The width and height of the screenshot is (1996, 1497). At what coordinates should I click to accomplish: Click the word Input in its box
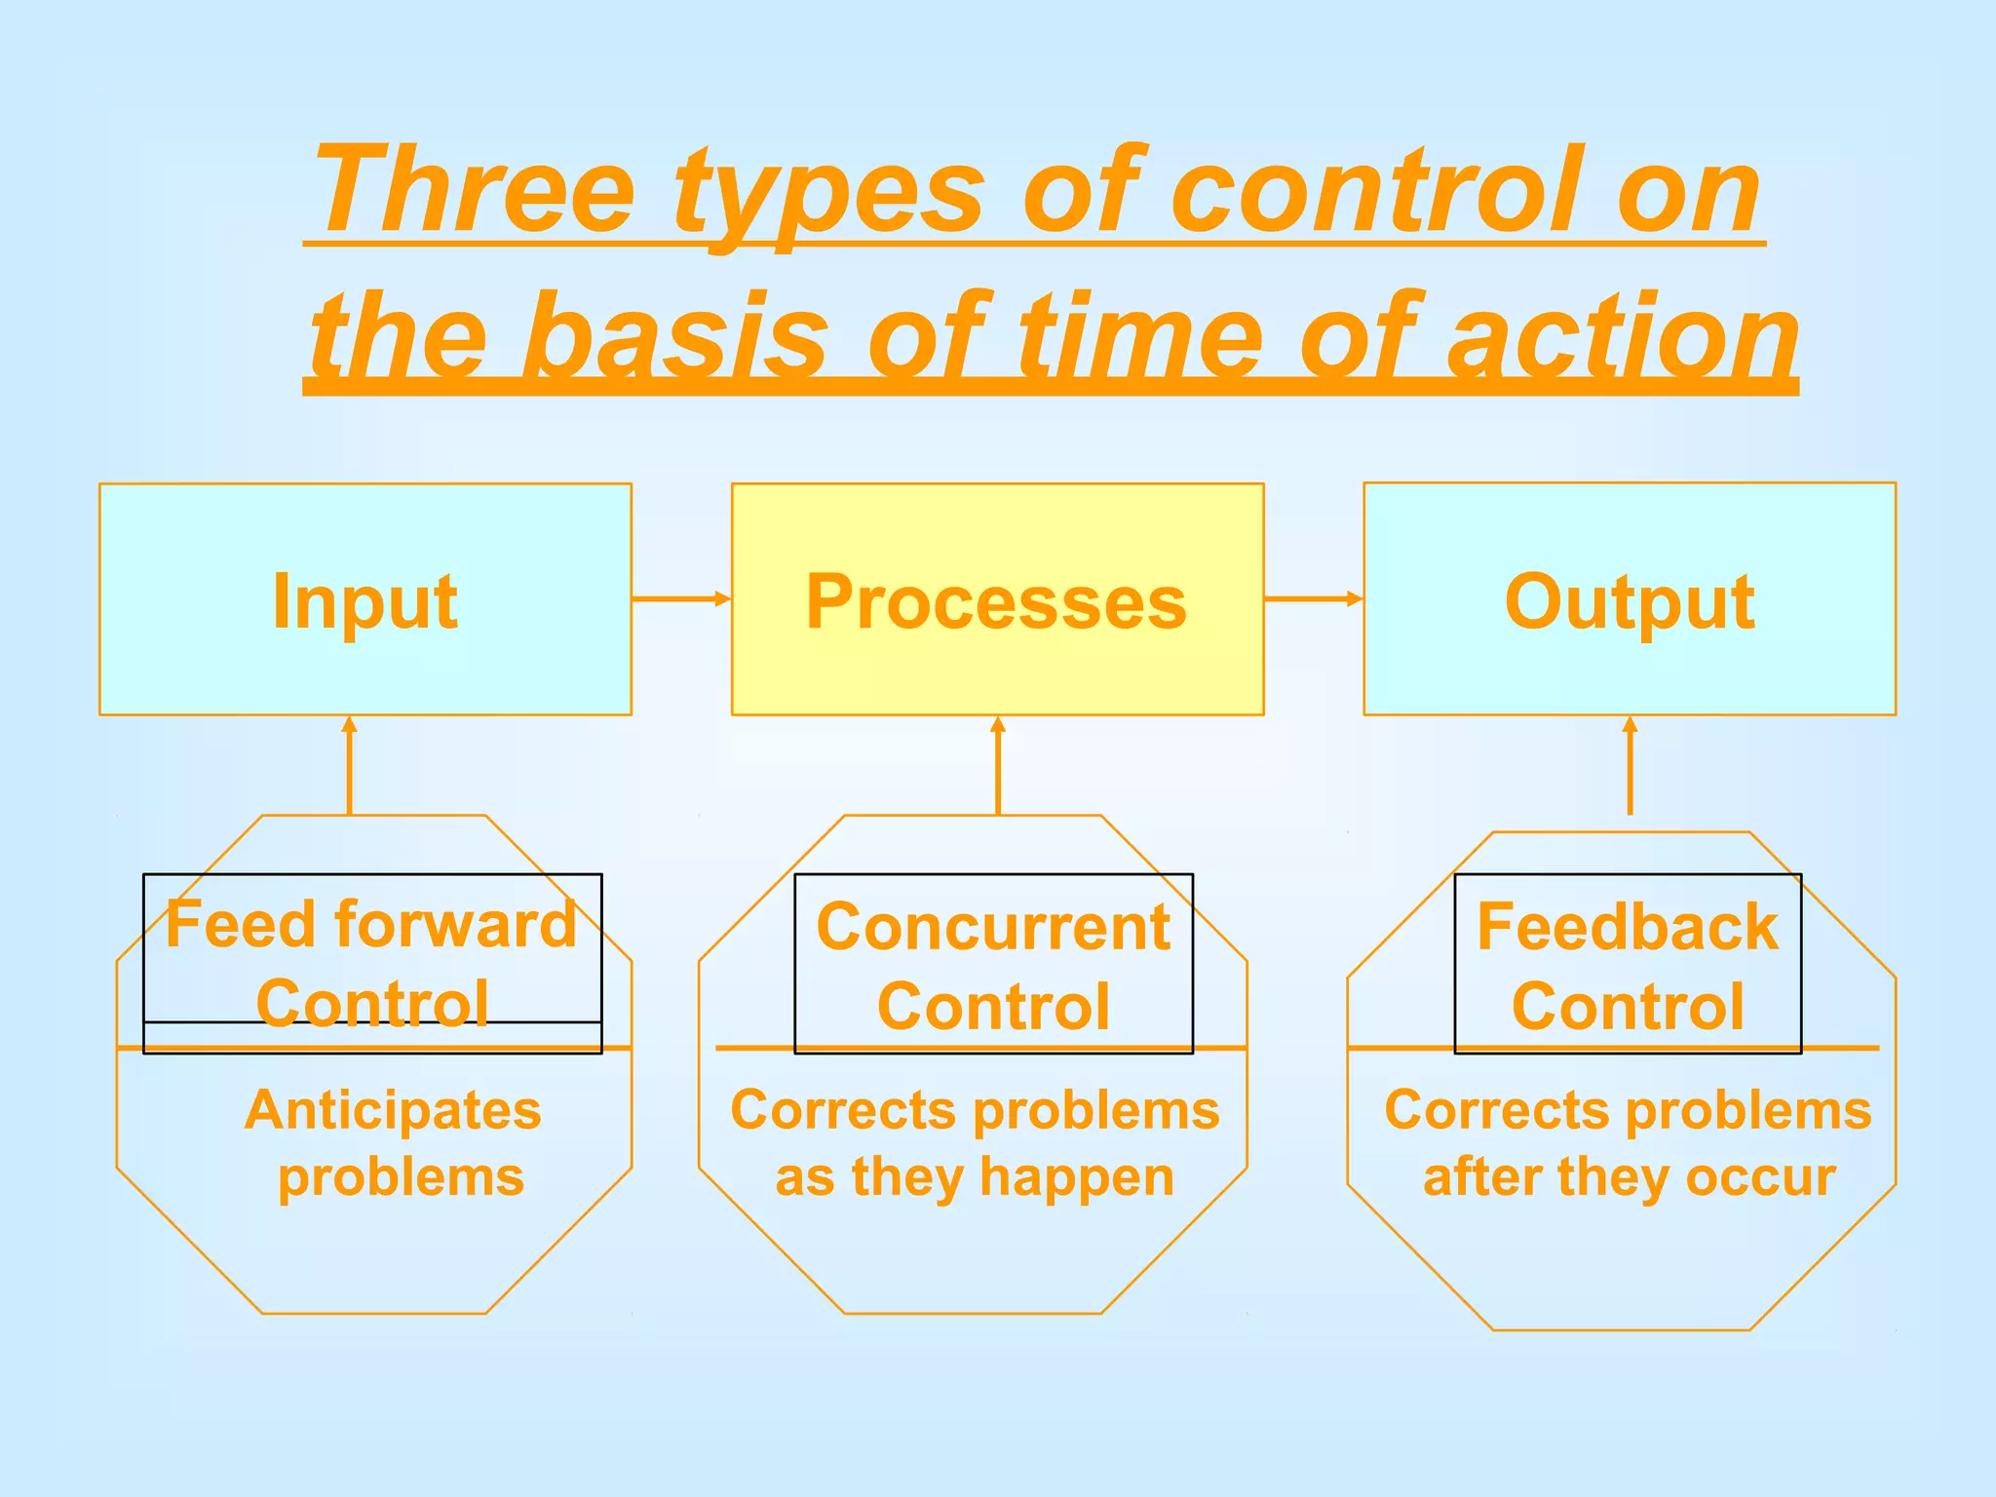pyautogui.click(x=365, y=602)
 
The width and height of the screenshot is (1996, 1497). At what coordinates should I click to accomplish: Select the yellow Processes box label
pyautogui.click(x=996, y=602)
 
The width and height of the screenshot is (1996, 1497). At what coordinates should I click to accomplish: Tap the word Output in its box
pyautogui.click(x=1630, y=602)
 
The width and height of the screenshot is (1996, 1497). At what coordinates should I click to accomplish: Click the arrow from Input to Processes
pyautogui.click(x=681, y=598)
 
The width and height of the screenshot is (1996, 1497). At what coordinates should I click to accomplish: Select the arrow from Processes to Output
pyautogui.click(x=1313, y=598)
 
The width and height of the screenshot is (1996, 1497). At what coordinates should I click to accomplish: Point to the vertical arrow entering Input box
pyautogui.click(x=350, y=765)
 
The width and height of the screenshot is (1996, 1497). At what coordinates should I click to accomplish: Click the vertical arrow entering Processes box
pyautogui.click(x=997, y=765)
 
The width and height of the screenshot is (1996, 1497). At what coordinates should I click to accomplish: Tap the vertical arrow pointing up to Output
pyautogui.click(x=1630, y=765)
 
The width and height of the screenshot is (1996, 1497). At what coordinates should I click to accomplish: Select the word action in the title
pyautogui.click(x=1623, y=336)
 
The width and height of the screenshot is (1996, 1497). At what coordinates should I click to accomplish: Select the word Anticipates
pyautogui.click(x=393, y=1110)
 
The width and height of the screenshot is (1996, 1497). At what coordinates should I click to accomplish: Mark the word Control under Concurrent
pyautogui.click(x=993, y=1007)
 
